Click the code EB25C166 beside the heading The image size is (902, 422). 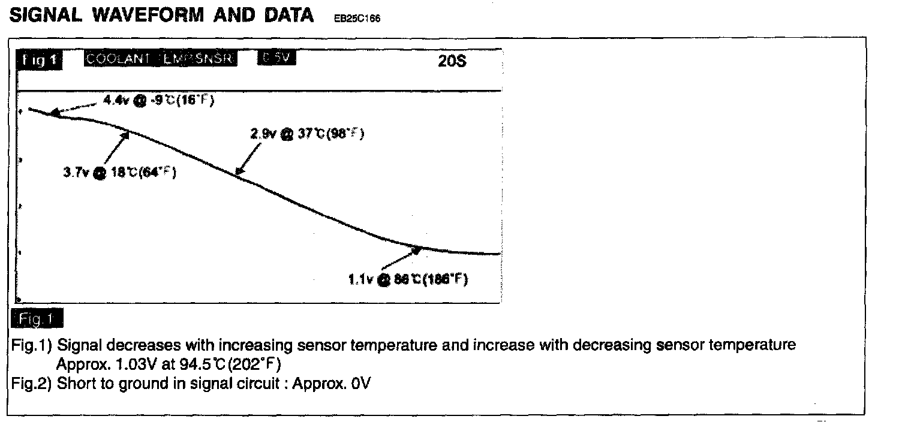click(x=357, y=18)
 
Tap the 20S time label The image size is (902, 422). click(x=452, y=62)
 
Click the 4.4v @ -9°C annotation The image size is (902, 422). click(x=159, y=101)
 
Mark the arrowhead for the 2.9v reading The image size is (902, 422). click(x=239, y=172)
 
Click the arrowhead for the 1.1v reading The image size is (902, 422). click(x=416, y=250)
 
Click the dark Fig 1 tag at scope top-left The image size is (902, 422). click(x=40, y=60)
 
